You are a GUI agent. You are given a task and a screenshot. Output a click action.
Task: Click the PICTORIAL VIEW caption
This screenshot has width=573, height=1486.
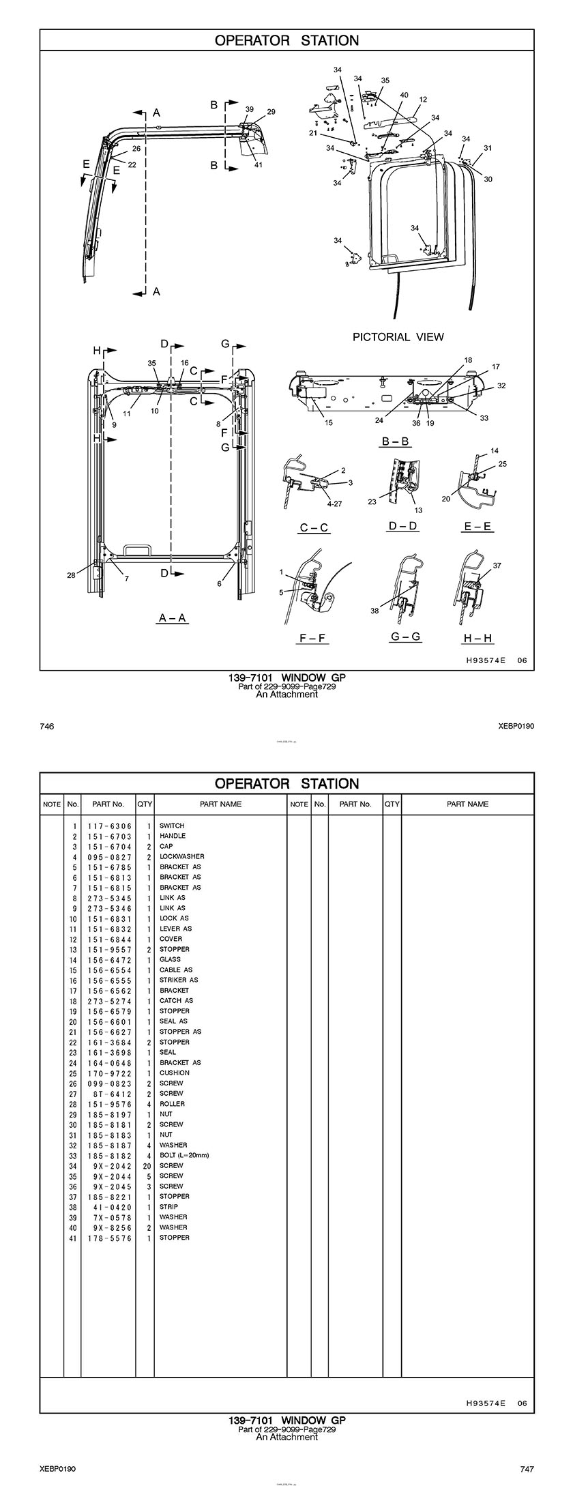(x=398, y=336)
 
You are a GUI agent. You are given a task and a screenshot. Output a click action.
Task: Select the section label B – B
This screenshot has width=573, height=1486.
(x=395, y=441)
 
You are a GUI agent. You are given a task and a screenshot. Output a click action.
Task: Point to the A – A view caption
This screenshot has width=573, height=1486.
(x=173, y=618)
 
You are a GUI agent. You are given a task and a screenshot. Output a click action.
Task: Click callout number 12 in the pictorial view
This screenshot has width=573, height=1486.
(x=423, y=100)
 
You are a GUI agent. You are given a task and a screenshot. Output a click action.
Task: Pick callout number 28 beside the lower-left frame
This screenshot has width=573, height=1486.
(x=71, y=575)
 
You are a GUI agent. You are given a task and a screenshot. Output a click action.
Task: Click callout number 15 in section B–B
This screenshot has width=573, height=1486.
(x=328, y=423)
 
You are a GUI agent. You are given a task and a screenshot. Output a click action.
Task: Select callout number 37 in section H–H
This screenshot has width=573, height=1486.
(x=497, y=566)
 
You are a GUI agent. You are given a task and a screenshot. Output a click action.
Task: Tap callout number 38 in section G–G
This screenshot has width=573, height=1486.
(x=374, y=611)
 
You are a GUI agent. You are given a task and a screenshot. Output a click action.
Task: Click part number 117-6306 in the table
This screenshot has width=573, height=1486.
(x=109, y=826)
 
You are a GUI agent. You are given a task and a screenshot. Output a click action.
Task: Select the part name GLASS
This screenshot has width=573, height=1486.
(x=170, y=959)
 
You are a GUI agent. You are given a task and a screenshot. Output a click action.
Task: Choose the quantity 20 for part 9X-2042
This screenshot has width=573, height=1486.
(x=146, y=1165)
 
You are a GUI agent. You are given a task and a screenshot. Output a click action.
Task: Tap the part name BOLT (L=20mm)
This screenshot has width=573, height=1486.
(x=184, y=1155)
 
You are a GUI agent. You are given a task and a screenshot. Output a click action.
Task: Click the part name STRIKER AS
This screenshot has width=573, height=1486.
(x=179, y=980)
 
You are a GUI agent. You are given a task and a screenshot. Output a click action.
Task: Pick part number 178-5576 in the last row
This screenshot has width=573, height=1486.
(x=109, y=1238)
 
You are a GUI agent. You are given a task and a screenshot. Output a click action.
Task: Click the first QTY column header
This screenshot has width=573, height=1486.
(x=145, y=804)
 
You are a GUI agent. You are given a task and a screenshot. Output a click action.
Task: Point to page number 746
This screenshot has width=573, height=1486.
(x=46, y=727)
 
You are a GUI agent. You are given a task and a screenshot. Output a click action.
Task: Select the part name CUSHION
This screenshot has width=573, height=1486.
(x=175, y=1073)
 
